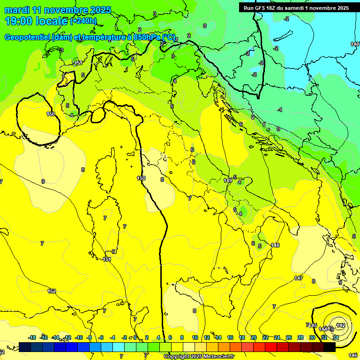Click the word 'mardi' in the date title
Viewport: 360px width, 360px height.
pos(17,10)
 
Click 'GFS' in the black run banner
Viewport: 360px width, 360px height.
pos(261,7)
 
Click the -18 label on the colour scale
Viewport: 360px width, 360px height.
pos(32,337)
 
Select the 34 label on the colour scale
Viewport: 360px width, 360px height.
pos(336,337)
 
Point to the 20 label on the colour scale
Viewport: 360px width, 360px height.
pos(254,337)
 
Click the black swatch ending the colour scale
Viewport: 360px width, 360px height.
pos(330,347)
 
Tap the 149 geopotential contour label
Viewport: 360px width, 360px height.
pos(228,180)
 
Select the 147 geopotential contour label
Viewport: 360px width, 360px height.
pos(299,278)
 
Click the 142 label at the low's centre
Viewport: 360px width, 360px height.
pos(341,325)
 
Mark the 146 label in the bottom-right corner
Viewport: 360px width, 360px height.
pos(353,356)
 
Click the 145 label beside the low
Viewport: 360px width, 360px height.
pos(313,325)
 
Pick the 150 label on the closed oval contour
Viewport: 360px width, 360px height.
pos(51,114)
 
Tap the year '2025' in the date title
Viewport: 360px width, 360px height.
pos(100,10)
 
